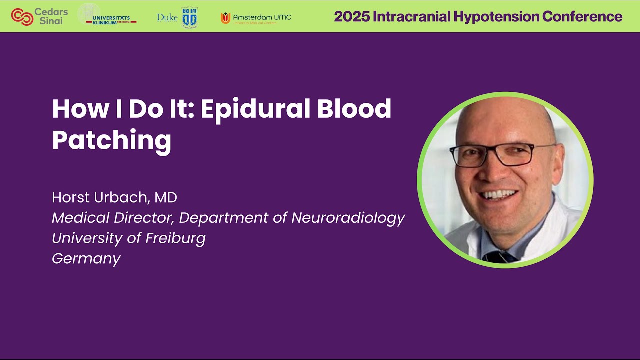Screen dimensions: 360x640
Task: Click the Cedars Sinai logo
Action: [40, 17]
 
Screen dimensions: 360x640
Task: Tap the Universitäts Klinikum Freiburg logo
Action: [107, 16]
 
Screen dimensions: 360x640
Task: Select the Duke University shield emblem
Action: [189, 17]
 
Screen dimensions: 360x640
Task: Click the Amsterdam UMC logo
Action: [256, 18]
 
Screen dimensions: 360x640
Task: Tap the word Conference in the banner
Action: [582, 16]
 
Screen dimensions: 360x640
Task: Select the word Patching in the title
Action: [111, 140]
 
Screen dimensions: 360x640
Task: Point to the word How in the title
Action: [75, 109]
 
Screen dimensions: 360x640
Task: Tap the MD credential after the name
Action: [166, 197]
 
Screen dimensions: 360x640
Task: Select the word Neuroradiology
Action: [348, 218]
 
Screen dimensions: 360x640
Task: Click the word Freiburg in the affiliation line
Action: [175, 238]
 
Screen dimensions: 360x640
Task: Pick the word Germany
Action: [86, 258]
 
